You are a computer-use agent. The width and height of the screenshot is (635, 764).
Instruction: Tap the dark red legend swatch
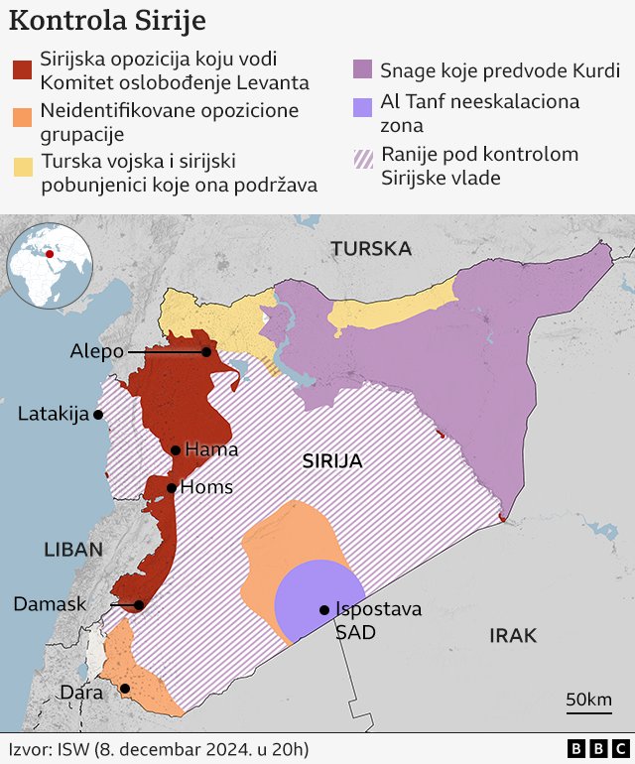(21, 69)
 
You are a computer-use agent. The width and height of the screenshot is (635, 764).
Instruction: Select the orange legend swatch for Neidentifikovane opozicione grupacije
(21, 118)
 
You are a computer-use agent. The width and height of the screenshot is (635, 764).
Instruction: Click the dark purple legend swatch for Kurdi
(362, 69)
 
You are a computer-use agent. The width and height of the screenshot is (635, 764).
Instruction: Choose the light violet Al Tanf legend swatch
(362, 103)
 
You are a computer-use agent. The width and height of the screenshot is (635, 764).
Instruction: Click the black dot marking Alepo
(206, 352)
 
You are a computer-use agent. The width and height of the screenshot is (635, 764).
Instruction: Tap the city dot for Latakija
(97, 415)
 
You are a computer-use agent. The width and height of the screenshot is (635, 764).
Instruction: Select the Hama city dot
(176, 450)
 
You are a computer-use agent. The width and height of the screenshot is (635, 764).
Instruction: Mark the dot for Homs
(172, 487)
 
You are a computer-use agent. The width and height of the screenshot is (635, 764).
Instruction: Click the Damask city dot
(139, 605)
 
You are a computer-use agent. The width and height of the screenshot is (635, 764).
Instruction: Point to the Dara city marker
(125, 688)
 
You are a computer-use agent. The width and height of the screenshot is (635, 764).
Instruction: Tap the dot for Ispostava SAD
(323, 610)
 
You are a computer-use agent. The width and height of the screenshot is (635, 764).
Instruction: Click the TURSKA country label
(370, 248)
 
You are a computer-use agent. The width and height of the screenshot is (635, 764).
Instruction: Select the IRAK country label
(512, 635)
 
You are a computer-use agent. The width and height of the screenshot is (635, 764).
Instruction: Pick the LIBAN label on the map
(72, 550)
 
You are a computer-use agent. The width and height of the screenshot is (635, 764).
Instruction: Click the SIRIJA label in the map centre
(331, 461)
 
